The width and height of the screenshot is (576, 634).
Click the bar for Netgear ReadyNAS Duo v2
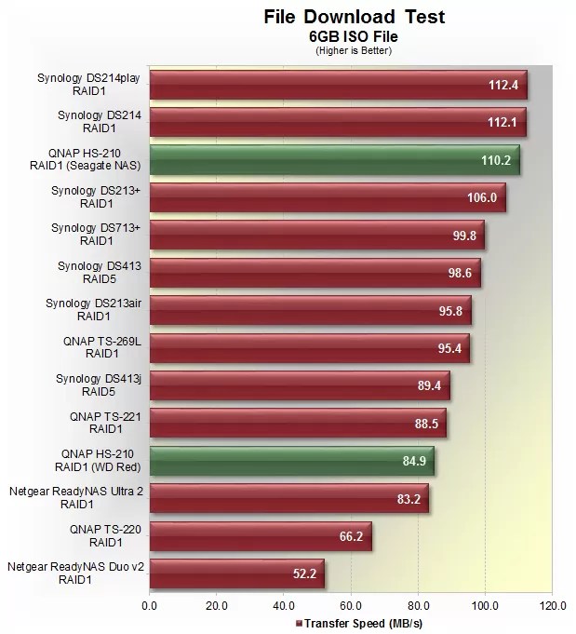click(x=236, y=573)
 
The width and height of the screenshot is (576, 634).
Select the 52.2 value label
click(x=305, y=573)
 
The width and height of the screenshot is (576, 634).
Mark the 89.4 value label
click(x=430, y=385)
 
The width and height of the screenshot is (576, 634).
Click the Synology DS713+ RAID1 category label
click(x=95, y=235)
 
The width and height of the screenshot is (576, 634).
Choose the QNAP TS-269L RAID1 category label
click(x=95, y=347)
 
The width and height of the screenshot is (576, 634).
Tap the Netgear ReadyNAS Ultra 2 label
click(x=75, y=497)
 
